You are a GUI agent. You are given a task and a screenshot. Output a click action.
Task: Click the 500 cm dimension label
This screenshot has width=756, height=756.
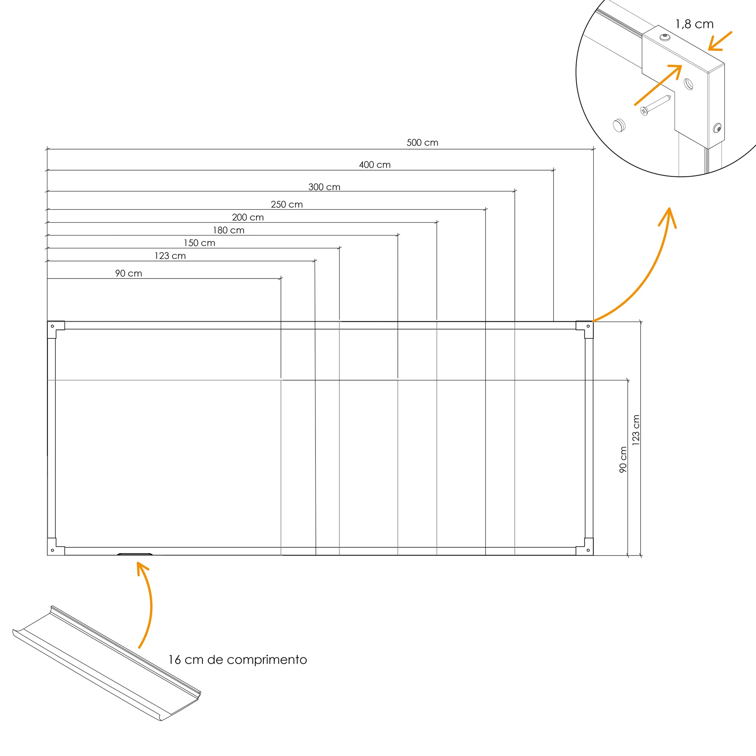(x=422, y=143)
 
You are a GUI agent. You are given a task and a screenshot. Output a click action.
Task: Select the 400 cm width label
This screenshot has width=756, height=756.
(x=375, y=165)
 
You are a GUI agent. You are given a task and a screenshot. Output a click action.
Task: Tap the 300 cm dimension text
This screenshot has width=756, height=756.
(x=324, y=187)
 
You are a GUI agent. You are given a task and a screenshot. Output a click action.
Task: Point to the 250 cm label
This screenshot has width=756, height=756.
(x=287, y=204)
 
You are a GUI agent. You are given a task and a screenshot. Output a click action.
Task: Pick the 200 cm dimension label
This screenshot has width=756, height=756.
(x=248, y=217)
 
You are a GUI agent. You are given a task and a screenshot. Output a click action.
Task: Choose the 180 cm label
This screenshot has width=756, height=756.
(x=228, y=230)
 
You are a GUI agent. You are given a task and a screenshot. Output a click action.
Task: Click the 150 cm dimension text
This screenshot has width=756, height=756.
(x=200, y=243)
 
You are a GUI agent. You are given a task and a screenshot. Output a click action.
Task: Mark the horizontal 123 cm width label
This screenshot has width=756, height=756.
(x=170, y=256)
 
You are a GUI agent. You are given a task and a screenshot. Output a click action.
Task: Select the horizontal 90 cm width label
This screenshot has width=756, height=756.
(x=129, y=273)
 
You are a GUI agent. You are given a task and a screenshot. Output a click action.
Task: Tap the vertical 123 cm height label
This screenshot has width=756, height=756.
(x=636, y=430)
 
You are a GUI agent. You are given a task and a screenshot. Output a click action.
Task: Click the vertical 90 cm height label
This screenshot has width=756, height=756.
(x=624, y=460)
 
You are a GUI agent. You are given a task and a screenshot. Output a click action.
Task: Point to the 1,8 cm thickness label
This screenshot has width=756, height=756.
(x=695, y=24)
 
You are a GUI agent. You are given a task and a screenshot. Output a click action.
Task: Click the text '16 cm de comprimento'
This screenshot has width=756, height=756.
(x=237, y=660)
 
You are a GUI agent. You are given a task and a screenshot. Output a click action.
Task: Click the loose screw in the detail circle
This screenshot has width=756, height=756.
(x=655, y=106)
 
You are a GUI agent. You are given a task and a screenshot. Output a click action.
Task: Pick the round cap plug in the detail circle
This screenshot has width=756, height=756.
(x=618, y=125)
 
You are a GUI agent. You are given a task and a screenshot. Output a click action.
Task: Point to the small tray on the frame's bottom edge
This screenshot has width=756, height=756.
(x=135, y=554)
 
